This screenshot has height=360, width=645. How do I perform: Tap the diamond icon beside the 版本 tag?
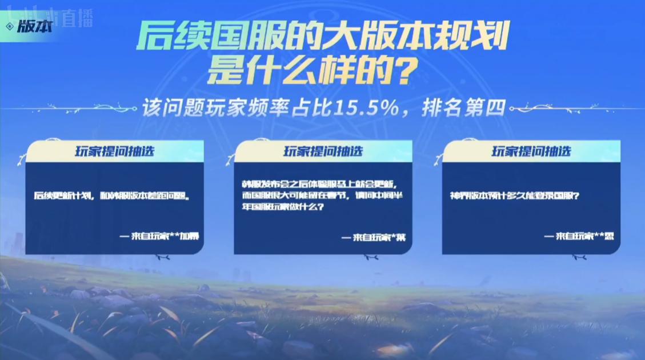[10, 27]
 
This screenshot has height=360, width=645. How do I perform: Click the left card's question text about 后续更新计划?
[111, 195]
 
